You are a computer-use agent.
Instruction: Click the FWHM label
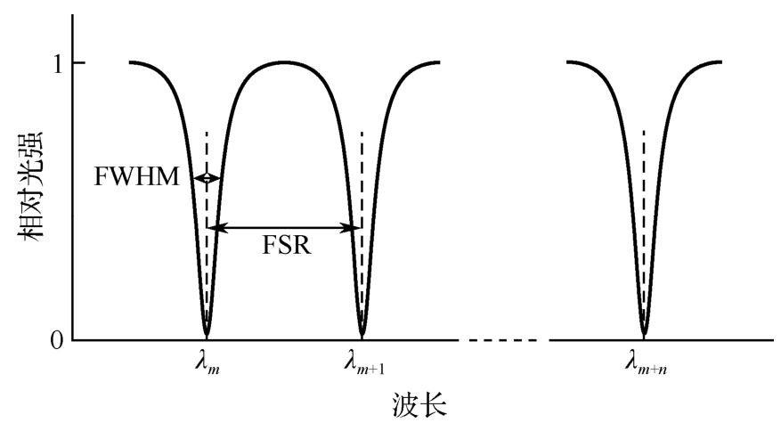tap(136, 177)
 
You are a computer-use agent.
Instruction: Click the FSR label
tap(287, 245)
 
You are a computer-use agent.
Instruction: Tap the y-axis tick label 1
tap(58, 64)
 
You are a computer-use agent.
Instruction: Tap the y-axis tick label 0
tap(57, 341)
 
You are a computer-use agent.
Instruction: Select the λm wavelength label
tap(207, 362)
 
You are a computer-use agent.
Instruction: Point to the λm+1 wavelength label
tap(364, 362)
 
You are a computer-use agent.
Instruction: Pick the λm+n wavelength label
tap(646, 362)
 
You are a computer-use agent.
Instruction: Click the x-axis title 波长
tap(419, 404)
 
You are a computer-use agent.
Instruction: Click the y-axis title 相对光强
tap(31, 186)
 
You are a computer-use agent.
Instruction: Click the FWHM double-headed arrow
tap(207, 178)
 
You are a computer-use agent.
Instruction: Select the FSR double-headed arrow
tap(284, 228)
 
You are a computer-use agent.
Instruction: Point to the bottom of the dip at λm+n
tap(644, 334)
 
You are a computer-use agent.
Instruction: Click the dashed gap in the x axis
tap(503, 340)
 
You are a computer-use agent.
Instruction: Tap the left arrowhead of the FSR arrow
tap(213, 228)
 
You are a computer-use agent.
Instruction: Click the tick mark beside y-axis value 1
tap(78, 62)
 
